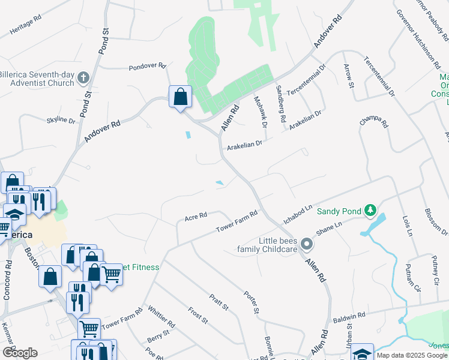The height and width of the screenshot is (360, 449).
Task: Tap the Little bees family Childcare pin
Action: pyautogui.click(x=307, y=244)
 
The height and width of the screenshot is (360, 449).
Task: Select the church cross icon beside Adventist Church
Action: pyautogui.click(x=83, y=77)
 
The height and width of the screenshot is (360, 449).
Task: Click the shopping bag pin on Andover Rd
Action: pyautogui.click(x=180, y=97)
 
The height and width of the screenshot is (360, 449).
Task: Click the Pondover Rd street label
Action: pyautogui.click(x=147, y=68)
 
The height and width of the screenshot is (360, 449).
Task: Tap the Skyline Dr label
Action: pyautogui.click(x=61, y=121)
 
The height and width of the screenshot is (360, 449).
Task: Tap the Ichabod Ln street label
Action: pyautogui.click(x=298, y=214)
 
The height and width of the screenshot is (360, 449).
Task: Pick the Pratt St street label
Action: pyautogui.click(x=219, y=302)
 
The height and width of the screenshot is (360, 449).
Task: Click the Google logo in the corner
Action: pyautogui.click(x=20, y=353)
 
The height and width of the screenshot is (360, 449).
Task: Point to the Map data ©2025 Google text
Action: pyautogui.click(x=411, y=355)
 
